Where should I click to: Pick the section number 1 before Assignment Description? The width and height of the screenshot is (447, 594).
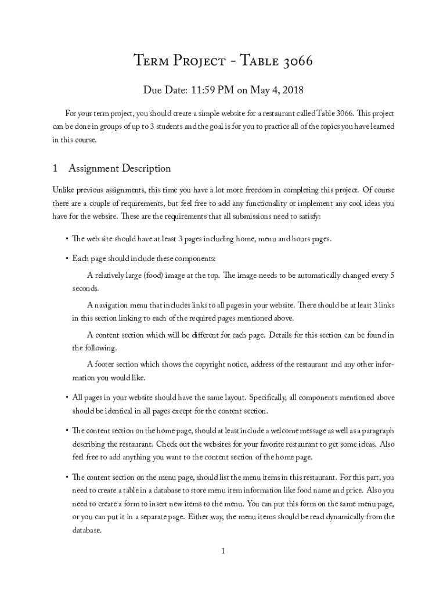click(55, 169)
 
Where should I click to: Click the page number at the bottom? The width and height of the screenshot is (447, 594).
click(223, 551)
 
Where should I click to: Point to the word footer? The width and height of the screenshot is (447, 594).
click(108, 364)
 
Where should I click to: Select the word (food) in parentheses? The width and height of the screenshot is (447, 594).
click(152, 274)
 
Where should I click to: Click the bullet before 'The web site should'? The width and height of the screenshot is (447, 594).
click(66, 239)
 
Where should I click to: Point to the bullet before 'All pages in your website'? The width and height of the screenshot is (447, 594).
click(66, 398)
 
